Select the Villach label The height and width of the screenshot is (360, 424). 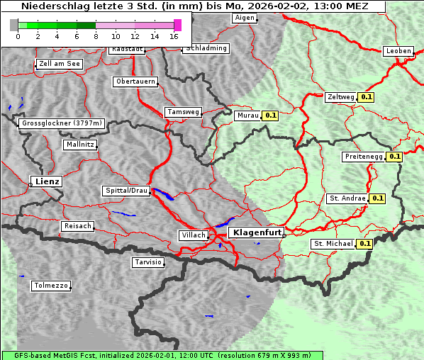pyautogui.click(x=194, y=235)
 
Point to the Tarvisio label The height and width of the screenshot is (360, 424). pyautogui.click(x=148, y=262)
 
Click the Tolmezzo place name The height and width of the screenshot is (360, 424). pyautogui.click(x=51, y=286)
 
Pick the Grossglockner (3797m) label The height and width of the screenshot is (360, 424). pyautogui.click(x=62, y=123)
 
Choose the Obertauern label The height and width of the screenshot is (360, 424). pyautogui.click(x=135, y=81)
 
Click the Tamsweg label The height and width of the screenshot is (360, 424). pyautogui.click(x=183, y=112)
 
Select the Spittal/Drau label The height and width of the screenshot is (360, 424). pyautogui.click(x=126, y=191)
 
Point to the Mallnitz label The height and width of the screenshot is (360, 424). pyautogui.click(x=79, y=145)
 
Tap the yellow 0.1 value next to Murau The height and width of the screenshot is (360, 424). pyautogui.click(x=270, y=115)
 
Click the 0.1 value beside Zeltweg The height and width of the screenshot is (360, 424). pyautogui.click(x=367, y=96)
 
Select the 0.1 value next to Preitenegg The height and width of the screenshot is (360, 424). pyautogui.click(x=394, y=157)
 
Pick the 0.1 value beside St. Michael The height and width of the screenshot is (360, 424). pyautogui.click(x=364, y=244)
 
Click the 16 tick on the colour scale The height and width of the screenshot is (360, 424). pyautogui.click(x=174, y=35)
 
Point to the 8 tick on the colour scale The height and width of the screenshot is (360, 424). pyautogui.click(x=96, y=35)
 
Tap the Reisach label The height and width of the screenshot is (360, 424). pyautogui.click(x=77, y=226)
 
